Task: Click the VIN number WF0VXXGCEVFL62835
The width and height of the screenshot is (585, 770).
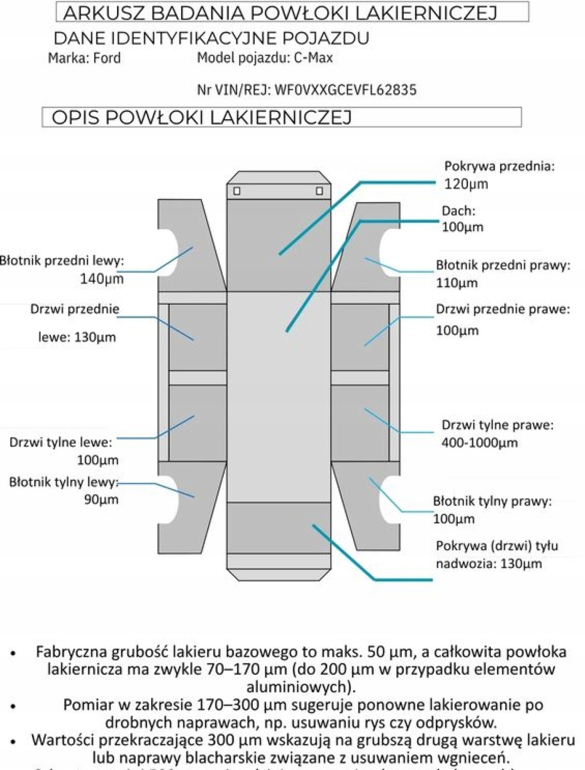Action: [x=345, y=90]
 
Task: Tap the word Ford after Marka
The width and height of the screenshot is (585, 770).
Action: [x=107, y=58]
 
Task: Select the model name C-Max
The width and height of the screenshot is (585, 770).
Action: [x=313, y=58]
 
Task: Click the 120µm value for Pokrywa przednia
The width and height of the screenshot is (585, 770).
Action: [x=466, y=184]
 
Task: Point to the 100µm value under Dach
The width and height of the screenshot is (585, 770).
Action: [x=462, y=227]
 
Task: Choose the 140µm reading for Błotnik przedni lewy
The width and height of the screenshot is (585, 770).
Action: [x=102, y=278]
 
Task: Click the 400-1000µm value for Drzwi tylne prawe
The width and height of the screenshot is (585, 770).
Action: [x=479, y=443]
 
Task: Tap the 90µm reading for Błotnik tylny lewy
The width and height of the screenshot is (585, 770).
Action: [x=102, y=499]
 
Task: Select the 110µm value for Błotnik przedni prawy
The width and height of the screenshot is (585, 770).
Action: [x=456, y=282]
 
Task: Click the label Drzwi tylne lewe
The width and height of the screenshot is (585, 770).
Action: [x=60, y=442]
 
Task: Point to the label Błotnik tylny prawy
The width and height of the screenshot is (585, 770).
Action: [x=492, y=501]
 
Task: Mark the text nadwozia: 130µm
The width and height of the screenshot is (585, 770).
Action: [x=488, y=564]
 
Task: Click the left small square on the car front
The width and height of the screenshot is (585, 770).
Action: [x=237, y=191]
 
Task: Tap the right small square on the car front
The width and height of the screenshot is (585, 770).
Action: [x=319, y=191]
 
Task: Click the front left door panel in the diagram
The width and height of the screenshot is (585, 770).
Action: [x=197, y=337]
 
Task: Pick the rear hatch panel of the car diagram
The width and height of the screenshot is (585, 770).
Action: [x=278, y=527]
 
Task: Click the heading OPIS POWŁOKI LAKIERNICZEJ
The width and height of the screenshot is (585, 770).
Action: [x=201, y=118]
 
